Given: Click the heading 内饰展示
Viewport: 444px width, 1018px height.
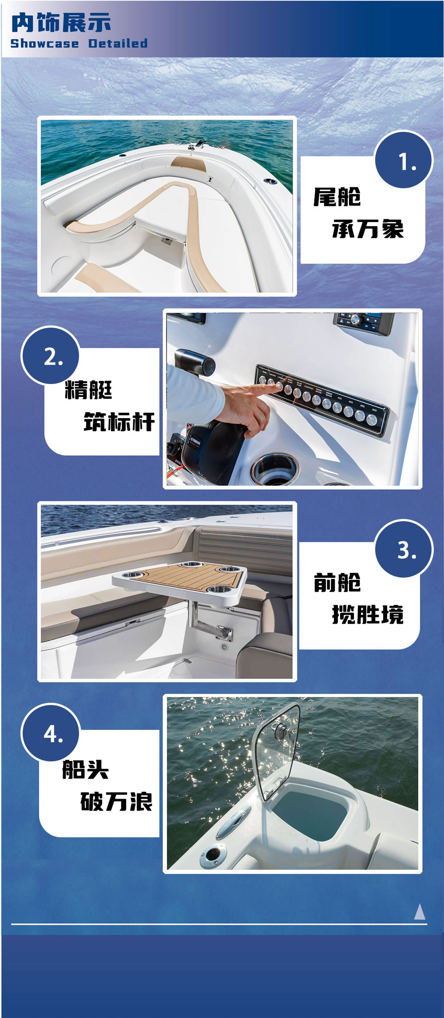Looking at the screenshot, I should pos(61,23).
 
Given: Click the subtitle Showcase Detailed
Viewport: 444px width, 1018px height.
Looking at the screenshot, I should pos(79,44).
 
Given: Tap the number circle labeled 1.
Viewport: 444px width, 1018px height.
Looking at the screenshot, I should pos(404,160).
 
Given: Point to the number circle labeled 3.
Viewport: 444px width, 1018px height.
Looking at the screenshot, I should pos(404,549).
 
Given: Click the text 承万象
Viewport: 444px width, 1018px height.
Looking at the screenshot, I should pos(368,229).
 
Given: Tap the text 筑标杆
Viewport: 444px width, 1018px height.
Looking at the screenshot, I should pos(119,421).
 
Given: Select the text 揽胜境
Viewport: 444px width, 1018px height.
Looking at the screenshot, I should pos(368,615).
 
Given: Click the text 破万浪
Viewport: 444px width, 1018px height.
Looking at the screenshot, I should pos(116,801).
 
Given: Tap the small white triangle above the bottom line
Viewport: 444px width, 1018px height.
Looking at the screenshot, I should pos(420,912).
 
